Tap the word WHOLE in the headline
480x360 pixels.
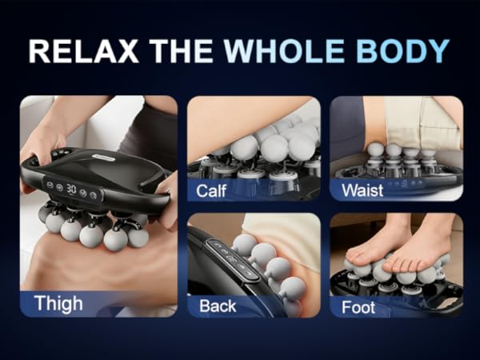click(284, 51)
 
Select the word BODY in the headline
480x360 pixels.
click(403, 51)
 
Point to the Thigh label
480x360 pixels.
click(58, 303)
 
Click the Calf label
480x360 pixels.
click(211, 190)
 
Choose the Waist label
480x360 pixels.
click(362, 190)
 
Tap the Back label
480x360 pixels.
click(218, 306)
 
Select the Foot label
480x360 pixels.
click(358, 307)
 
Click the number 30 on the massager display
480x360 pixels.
click(71, 189)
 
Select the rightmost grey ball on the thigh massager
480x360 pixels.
click(138, 238)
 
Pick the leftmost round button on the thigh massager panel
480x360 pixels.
click(50, 186)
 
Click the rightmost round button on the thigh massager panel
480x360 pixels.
click(94, 195)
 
